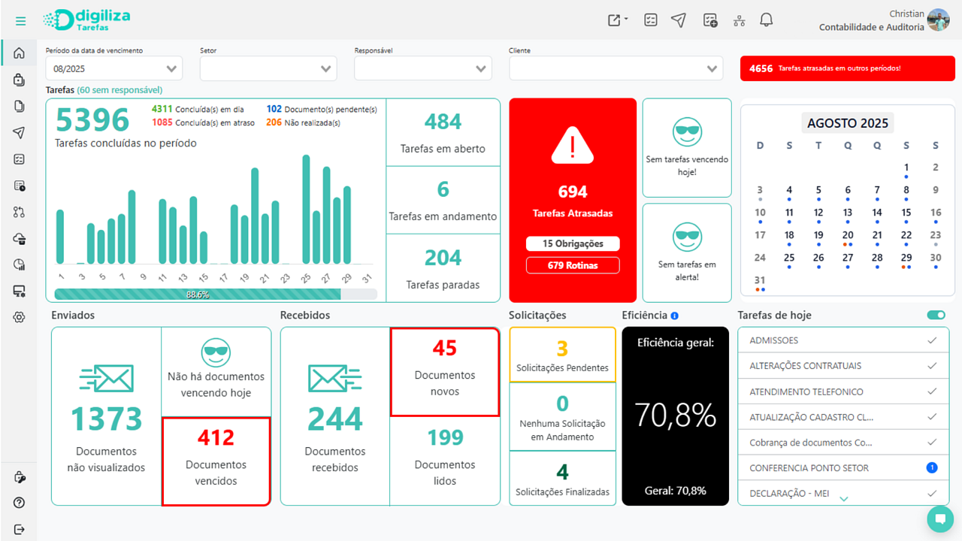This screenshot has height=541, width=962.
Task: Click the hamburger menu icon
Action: pyautogui.click(x=20, y=21)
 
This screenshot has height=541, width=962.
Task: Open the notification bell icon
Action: pyautogui.click(x=766, y=20)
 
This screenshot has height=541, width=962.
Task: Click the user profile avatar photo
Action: pyautogui.click(x=938, y=20)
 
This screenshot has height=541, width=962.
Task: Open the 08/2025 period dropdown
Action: pyautogui.click(x=113, y=68)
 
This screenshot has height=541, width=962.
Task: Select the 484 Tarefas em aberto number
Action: pyautogui.click(x=443, y=122)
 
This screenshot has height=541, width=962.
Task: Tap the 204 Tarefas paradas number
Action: pyautogui.click(x=443, y=258)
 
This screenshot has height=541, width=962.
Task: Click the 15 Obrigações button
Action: pyautogui.click(x=573, y=243)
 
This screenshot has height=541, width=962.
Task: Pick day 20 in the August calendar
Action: pyautogui.click(x=848, y=235)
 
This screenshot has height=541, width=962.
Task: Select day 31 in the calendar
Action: pyautogui.click(x=760, y=280)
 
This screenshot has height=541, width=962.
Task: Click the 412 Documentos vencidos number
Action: pyautogui.click(x=216, y=437)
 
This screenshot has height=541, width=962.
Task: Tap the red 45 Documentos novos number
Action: pyautogui.click(x=444, y=348)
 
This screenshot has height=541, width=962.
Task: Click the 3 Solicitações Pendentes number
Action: pyautogui.click(x=562, y=349)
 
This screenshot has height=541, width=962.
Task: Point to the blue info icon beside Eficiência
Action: pyautogui.click(x=674, y=316)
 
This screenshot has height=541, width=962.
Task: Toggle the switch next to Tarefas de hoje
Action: pyautogui.click(x=936, y=316)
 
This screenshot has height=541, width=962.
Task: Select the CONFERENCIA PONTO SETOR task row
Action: pyautogui.click(x=809, y=468)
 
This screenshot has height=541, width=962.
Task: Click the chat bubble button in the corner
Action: pyautogui.click(x=939, y=518)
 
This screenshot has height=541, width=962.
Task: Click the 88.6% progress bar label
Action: pyautogui.click(x=198, y=295)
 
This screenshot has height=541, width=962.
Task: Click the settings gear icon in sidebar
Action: pyautogui.click(x=20, y=317)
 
